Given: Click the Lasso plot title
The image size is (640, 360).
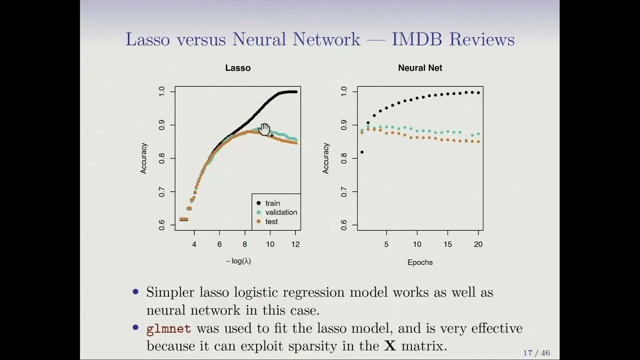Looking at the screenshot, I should pos(237,68).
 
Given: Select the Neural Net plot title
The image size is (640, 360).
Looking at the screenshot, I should pos(420,68).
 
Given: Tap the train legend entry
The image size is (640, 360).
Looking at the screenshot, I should pos(272,203).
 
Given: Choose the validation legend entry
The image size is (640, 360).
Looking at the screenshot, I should pos(280,212).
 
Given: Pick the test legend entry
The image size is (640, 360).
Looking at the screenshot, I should pos(271,221).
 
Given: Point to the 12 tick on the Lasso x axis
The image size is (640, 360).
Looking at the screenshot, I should pos(295,244).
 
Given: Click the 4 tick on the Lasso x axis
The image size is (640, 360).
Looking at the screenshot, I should pos(194,244).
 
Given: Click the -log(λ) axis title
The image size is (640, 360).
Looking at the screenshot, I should pos(238,261).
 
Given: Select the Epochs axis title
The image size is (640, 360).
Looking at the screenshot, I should pos(420,262).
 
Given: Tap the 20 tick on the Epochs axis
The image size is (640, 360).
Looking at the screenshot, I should pos(478,244).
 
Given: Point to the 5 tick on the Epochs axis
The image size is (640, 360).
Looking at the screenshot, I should pos(386,244).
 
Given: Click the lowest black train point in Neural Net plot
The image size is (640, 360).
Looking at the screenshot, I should pos(361,152).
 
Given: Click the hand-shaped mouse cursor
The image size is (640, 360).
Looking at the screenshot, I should pos(264,129).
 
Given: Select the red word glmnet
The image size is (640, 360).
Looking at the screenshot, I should pos(168,328).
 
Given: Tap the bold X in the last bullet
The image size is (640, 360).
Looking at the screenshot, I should pos(390,346).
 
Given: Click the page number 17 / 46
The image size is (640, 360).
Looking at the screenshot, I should pos(536,353).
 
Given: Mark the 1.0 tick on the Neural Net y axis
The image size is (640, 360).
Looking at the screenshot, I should pos(343,91).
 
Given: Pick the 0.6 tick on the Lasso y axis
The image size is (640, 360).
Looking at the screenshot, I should pos(161,225).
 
